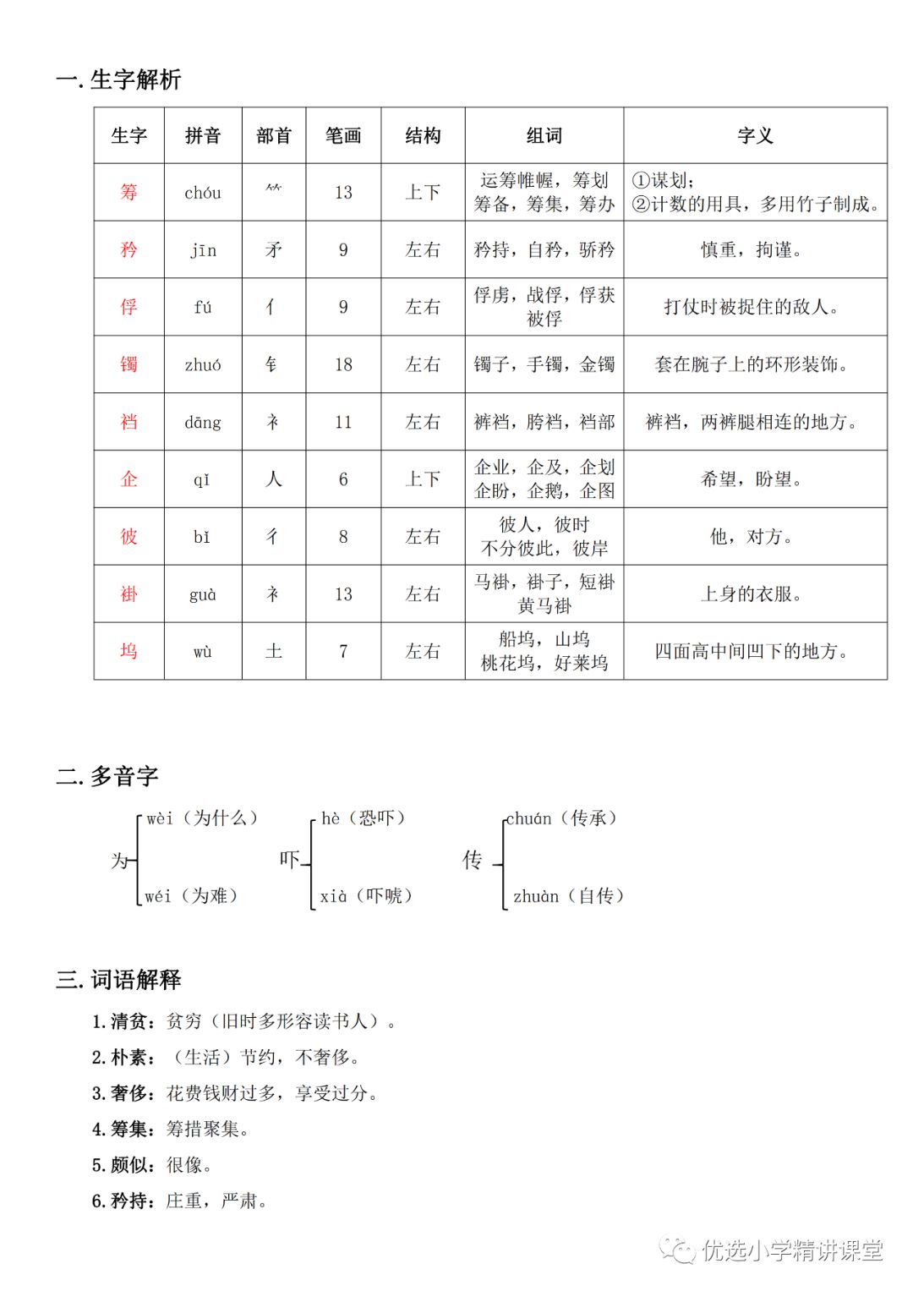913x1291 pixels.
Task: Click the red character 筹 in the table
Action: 128,192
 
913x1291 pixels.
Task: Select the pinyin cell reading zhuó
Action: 203,364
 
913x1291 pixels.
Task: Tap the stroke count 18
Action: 343,364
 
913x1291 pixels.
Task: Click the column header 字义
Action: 755,135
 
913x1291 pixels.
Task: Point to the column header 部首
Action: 274,135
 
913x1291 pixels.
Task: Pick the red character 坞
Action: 128,651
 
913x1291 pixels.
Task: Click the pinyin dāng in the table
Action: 203,422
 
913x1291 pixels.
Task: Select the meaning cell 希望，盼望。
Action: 752,479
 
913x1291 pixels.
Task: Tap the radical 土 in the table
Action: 274,651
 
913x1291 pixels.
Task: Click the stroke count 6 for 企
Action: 343,479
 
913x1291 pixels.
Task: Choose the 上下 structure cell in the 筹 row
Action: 423,192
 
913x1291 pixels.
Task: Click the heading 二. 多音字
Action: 107,776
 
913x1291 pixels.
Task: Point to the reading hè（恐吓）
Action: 364,818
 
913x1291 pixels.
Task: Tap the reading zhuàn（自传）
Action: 568,896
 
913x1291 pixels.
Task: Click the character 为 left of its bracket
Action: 120,861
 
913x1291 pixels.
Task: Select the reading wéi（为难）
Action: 191,896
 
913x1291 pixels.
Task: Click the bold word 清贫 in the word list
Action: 132,1021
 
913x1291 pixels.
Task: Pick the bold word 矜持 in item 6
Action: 132,1201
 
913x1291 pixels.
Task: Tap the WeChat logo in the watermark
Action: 678,1249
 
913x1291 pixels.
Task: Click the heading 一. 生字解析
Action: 118,79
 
